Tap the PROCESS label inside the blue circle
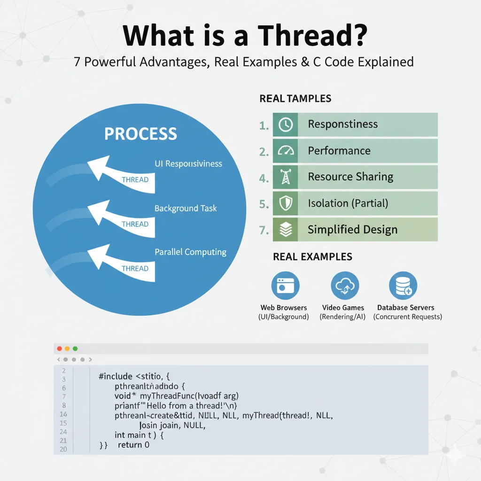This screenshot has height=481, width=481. pos(140,134)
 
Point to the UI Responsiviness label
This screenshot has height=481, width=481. pos(188,164)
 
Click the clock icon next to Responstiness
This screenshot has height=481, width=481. pos(286,124)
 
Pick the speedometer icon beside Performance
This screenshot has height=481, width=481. pos(286,151)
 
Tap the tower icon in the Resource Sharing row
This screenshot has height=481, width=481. pos(286,177)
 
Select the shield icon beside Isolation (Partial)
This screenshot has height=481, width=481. pos(286,203)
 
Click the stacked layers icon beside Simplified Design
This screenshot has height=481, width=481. pos(286,230)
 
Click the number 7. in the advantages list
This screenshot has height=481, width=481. pos(264,230)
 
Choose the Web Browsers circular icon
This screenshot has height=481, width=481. pos(285,285)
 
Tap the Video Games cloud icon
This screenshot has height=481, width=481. pos(345,285)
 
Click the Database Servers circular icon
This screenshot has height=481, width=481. pos(403,285)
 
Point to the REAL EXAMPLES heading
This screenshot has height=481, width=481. pos(312,257)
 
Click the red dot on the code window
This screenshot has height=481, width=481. pos(59,349)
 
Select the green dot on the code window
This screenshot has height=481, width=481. pos(75,349)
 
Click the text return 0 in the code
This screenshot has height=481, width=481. pos(133,444)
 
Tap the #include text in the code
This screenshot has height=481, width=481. pos(115,376)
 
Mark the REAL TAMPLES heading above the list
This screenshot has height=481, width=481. pos(295,99)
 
